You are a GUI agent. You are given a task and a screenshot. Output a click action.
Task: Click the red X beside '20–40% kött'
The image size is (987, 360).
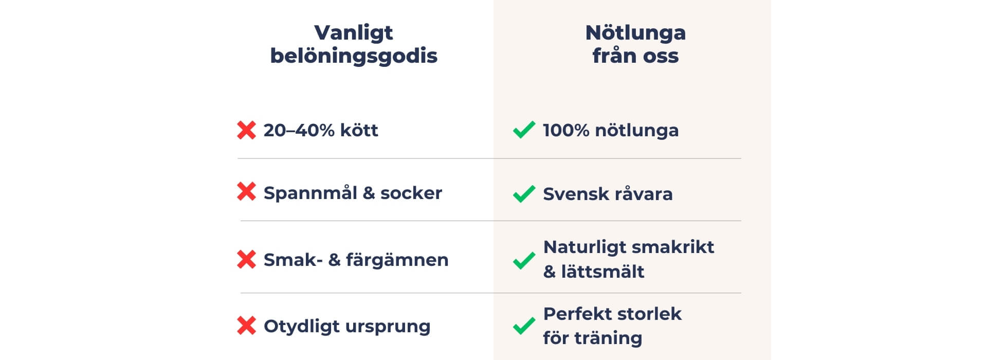tap(247, 130)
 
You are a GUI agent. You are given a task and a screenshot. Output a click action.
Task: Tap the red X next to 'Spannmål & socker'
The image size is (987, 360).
tap(247, 192)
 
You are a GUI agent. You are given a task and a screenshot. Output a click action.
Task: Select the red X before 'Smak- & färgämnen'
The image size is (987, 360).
tap(247, 259)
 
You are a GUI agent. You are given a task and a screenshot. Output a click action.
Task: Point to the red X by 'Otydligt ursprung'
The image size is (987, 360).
tap(247, 326)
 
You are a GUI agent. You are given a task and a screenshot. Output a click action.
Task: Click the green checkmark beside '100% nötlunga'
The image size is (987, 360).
tap(524, 130)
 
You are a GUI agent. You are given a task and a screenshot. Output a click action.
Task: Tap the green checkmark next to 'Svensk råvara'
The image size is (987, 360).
tap(524, 194)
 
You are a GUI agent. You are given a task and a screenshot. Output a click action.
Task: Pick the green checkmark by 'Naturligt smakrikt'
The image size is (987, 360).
tap(524, 260)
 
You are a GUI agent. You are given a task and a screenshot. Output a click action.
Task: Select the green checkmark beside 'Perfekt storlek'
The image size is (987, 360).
tap(524, 326)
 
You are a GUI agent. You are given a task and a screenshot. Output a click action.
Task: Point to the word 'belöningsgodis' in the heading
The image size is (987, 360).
tap(354, 56)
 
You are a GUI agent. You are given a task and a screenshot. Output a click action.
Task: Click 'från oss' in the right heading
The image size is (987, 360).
tap(635, 56)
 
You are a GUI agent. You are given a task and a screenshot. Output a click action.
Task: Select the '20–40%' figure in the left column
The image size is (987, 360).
tap(299, 130)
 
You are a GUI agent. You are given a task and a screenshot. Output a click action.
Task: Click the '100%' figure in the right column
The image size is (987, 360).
tap(566, 130)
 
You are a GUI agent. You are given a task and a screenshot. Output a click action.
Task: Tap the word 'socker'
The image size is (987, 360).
tap(411, 193)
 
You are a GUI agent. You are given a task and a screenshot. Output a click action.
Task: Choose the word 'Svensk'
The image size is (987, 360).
tap(575, 194)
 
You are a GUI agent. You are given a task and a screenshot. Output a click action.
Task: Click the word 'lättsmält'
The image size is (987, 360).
tap(602, 271)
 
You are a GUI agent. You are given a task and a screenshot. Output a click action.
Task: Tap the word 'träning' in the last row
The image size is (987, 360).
tap(608, 338)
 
